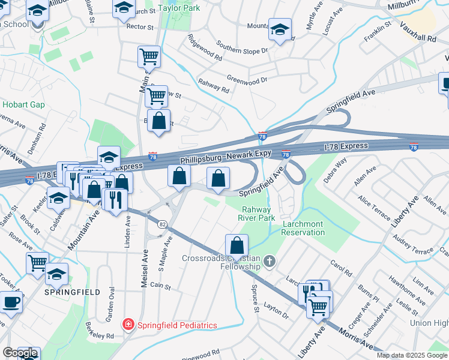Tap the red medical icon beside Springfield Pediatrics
pos(128,325)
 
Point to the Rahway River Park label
pos(258,214)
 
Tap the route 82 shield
pos(162,224)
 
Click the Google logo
pos(20,353)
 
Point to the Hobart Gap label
pos(23,104)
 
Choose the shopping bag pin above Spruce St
pos(237,246)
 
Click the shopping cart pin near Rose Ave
pos(37,263)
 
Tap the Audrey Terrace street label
pos(412,244)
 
